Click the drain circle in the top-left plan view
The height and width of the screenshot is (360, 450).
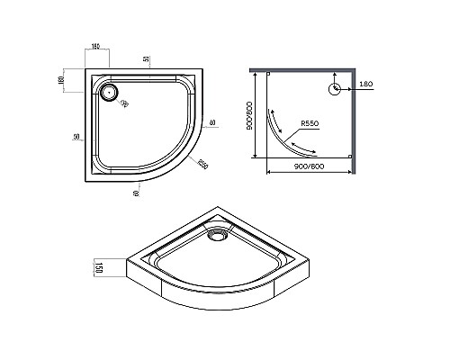coord(110,91)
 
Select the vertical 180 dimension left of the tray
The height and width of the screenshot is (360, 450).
coord(61,80)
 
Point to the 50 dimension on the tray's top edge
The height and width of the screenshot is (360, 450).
coord(146,58)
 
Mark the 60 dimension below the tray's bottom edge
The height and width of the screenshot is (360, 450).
coord(135,192)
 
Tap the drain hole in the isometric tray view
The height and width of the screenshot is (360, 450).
coord(216,237)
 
